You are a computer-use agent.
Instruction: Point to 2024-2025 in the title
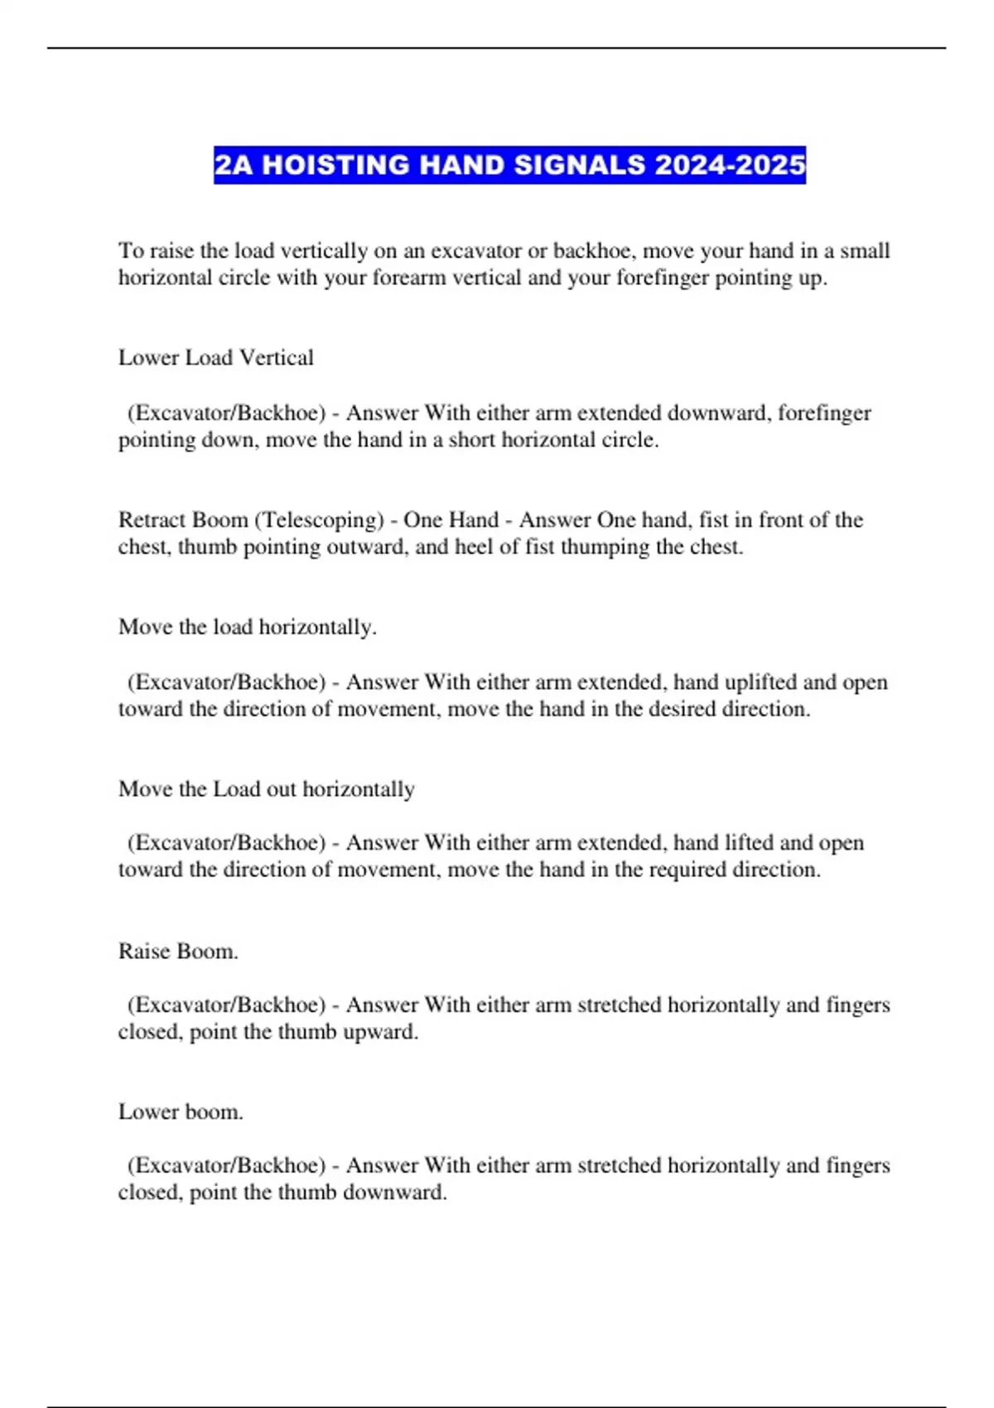click(729, 165)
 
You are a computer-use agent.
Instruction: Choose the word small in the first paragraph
click(865, 251)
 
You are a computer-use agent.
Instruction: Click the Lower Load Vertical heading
click(215, 358)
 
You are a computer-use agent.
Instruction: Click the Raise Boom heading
click(178, 951)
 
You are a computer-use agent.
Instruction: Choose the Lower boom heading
click(181, 1111)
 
